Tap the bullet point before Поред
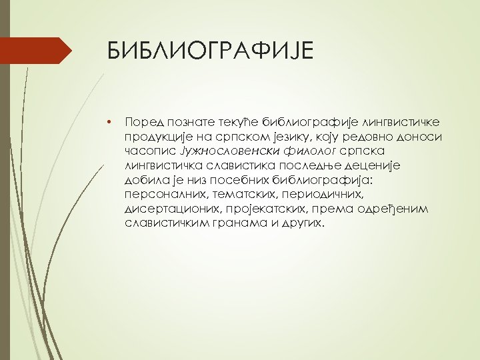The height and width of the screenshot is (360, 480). [109, 121]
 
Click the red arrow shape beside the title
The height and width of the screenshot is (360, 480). [37, 51]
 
